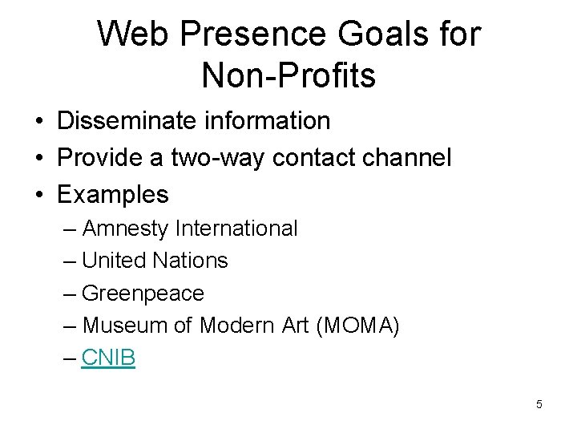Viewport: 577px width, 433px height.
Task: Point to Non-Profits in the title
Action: point(288,76)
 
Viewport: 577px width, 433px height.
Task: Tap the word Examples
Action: point(113,195)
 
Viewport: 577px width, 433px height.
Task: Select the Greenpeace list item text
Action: point(143,293)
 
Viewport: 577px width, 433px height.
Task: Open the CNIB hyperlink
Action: point(108,358)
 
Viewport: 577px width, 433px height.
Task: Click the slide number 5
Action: point(539,404)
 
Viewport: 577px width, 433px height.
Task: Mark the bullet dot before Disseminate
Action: point(39,122)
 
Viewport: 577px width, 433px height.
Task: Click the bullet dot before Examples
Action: point(39,196)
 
